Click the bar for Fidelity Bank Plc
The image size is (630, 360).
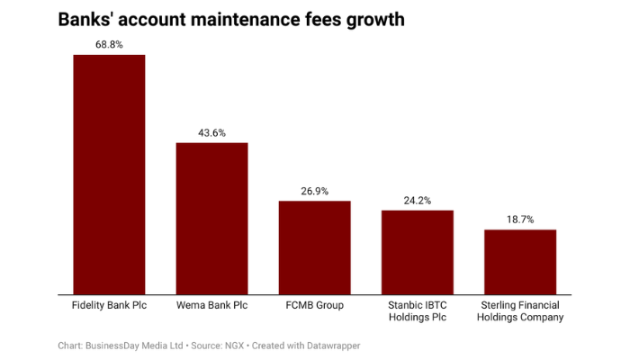[109, 174]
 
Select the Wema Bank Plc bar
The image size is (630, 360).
[211, 218]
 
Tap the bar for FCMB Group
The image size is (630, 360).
[314, 247]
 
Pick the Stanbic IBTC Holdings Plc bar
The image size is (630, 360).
[417, 251]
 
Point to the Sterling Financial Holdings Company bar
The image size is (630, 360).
[520, 261]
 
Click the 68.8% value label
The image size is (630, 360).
[109, 44]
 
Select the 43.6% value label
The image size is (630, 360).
[211, 132]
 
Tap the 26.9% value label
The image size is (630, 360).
[314, 191]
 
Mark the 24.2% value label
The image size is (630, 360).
[417, 200]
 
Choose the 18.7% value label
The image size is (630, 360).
[520, 220]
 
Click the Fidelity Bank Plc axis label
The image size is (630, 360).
[109, 305]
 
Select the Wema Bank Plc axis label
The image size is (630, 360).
[211, 305]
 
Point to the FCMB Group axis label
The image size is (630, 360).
[314, 305]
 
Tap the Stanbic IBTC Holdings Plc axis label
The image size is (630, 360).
[417, 311]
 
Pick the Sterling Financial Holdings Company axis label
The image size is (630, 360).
[520, 311]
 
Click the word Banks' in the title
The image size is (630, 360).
[87, 18]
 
